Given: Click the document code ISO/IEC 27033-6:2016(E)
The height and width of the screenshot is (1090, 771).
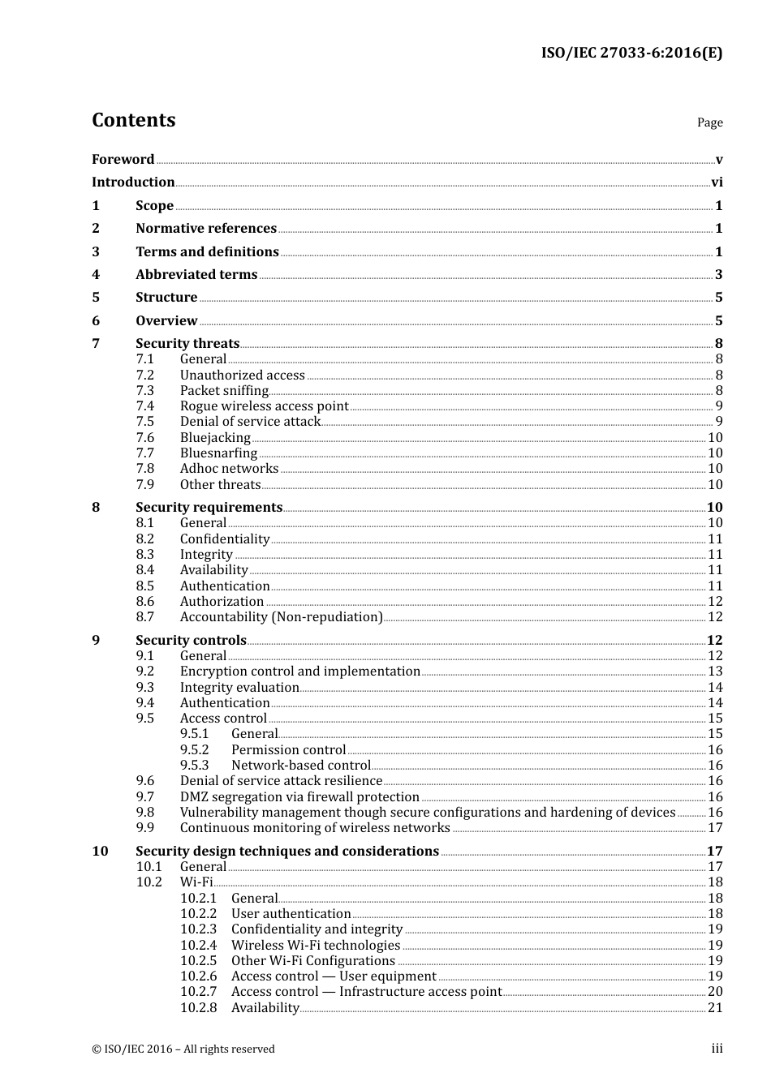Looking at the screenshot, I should (631, 54).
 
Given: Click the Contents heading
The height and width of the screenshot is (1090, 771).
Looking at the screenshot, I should (133, 120).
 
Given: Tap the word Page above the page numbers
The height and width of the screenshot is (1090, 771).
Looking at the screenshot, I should (709, 122).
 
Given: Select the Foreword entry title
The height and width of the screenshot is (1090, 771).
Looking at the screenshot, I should (123, 159).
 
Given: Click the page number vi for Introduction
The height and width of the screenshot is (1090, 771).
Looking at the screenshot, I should (717, 182).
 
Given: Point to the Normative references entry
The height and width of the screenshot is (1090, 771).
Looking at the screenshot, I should (206, 229).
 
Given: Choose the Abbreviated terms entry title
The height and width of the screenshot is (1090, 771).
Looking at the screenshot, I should (196, 275).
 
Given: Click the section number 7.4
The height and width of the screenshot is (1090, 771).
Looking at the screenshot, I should (144, 406).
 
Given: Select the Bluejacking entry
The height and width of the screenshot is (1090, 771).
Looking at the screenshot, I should (215, 438).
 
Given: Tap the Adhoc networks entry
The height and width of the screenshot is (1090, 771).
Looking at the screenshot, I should (229, 469).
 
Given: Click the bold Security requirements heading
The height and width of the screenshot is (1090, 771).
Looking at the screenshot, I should (209, 508).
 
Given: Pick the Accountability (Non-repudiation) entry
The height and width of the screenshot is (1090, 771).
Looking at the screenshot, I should (281, 617).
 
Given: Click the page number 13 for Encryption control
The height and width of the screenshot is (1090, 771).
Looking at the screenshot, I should (715, 672).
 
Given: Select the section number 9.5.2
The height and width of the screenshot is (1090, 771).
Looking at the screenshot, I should (194, 750).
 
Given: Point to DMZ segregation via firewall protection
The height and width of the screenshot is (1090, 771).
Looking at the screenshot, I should (299, 797).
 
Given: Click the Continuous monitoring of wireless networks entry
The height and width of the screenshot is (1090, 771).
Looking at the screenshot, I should (315, 828).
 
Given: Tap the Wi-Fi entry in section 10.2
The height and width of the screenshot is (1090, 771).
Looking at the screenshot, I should (196, 882).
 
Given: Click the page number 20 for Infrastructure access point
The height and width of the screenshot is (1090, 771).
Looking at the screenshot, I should (715, 992).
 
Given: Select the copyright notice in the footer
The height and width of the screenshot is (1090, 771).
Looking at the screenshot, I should (183, 1049).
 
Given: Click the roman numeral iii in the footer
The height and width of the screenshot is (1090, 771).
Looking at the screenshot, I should (717, 1049).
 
